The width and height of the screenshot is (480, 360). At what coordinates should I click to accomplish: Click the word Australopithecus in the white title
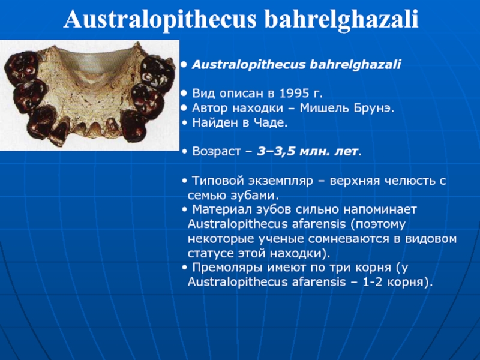pos(160,19)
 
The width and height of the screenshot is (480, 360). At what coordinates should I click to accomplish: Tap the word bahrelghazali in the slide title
pos(341,19)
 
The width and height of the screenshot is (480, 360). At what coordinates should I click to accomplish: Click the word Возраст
pos(216,151)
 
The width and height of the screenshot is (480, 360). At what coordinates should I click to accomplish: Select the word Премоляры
pos(227,267)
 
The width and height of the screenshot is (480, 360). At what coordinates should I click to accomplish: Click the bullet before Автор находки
pos(184,108)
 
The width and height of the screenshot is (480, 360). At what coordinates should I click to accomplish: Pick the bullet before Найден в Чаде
pos(184,123)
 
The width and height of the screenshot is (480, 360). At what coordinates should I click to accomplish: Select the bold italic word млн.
pos(312,151)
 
